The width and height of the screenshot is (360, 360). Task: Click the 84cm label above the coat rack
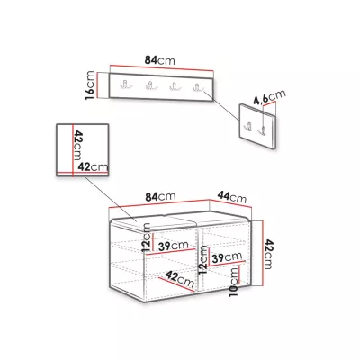160,60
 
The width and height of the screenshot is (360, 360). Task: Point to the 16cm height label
90,85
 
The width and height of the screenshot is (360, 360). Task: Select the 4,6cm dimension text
269,97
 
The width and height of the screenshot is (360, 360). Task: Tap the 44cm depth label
232,197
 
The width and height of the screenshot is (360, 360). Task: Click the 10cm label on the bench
234,282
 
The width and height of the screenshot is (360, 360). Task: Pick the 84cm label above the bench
160,197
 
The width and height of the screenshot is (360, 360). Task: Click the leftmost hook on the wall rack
124,85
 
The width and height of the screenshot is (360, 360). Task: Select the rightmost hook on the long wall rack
197,87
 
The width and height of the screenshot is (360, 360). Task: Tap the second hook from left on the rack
149,85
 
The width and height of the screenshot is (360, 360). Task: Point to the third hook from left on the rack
174,86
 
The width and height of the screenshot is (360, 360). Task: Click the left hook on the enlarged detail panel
248,127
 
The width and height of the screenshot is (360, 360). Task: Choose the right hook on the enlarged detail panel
262,130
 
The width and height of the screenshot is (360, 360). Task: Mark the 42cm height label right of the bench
268,254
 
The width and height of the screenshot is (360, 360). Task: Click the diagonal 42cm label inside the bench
180,279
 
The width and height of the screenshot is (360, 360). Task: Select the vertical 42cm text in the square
77,145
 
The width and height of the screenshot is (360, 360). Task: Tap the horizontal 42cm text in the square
93,166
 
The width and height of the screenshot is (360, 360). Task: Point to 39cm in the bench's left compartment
174,246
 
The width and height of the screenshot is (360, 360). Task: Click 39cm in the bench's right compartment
227,257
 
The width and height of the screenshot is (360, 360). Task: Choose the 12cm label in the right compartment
202,260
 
